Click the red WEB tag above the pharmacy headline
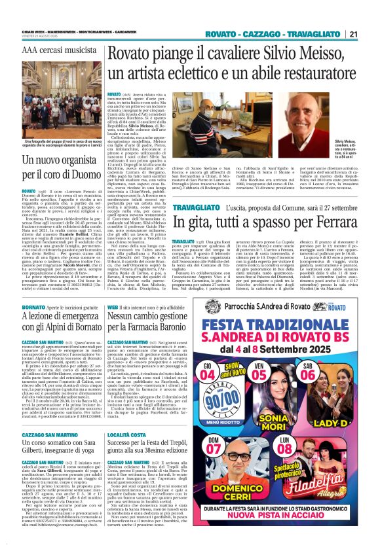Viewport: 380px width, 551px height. pos(113,306)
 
